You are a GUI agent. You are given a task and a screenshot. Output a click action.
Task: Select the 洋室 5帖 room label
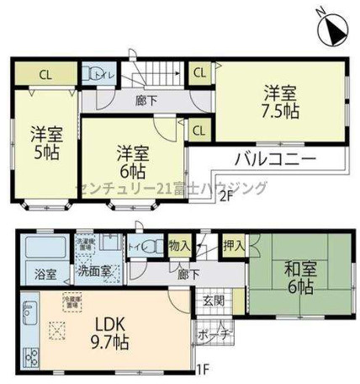tap(47, 143)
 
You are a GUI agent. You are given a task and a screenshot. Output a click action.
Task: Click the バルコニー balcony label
tap(274, 158)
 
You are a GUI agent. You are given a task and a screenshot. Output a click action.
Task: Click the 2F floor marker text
tap(225, 199)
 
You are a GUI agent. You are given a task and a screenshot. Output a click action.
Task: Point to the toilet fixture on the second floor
tap(98, 72)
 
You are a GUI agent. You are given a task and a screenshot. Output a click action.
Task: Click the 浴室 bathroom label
tap(46, 275)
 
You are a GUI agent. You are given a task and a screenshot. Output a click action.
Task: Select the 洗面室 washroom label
tap(91, 275)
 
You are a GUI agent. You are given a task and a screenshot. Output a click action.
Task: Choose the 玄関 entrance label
tap(213, 301)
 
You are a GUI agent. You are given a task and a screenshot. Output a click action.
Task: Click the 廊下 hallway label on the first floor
tap(188, 275)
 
